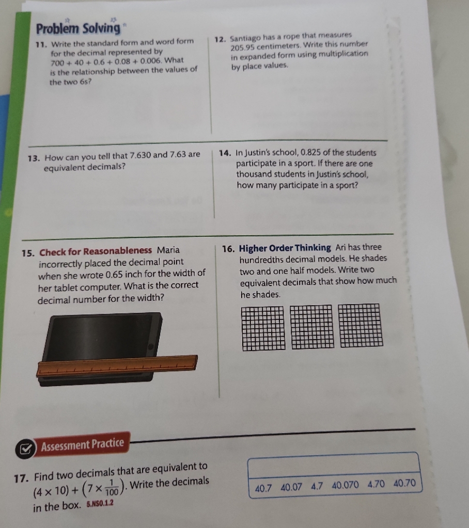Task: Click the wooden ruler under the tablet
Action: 117,365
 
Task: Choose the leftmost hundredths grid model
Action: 262,328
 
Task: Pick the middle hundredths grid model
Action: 311,327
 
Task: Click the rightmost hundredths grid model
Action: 361,326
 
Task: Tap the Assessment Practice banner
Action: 83,443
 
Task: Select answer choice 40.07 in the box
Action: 292,487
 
